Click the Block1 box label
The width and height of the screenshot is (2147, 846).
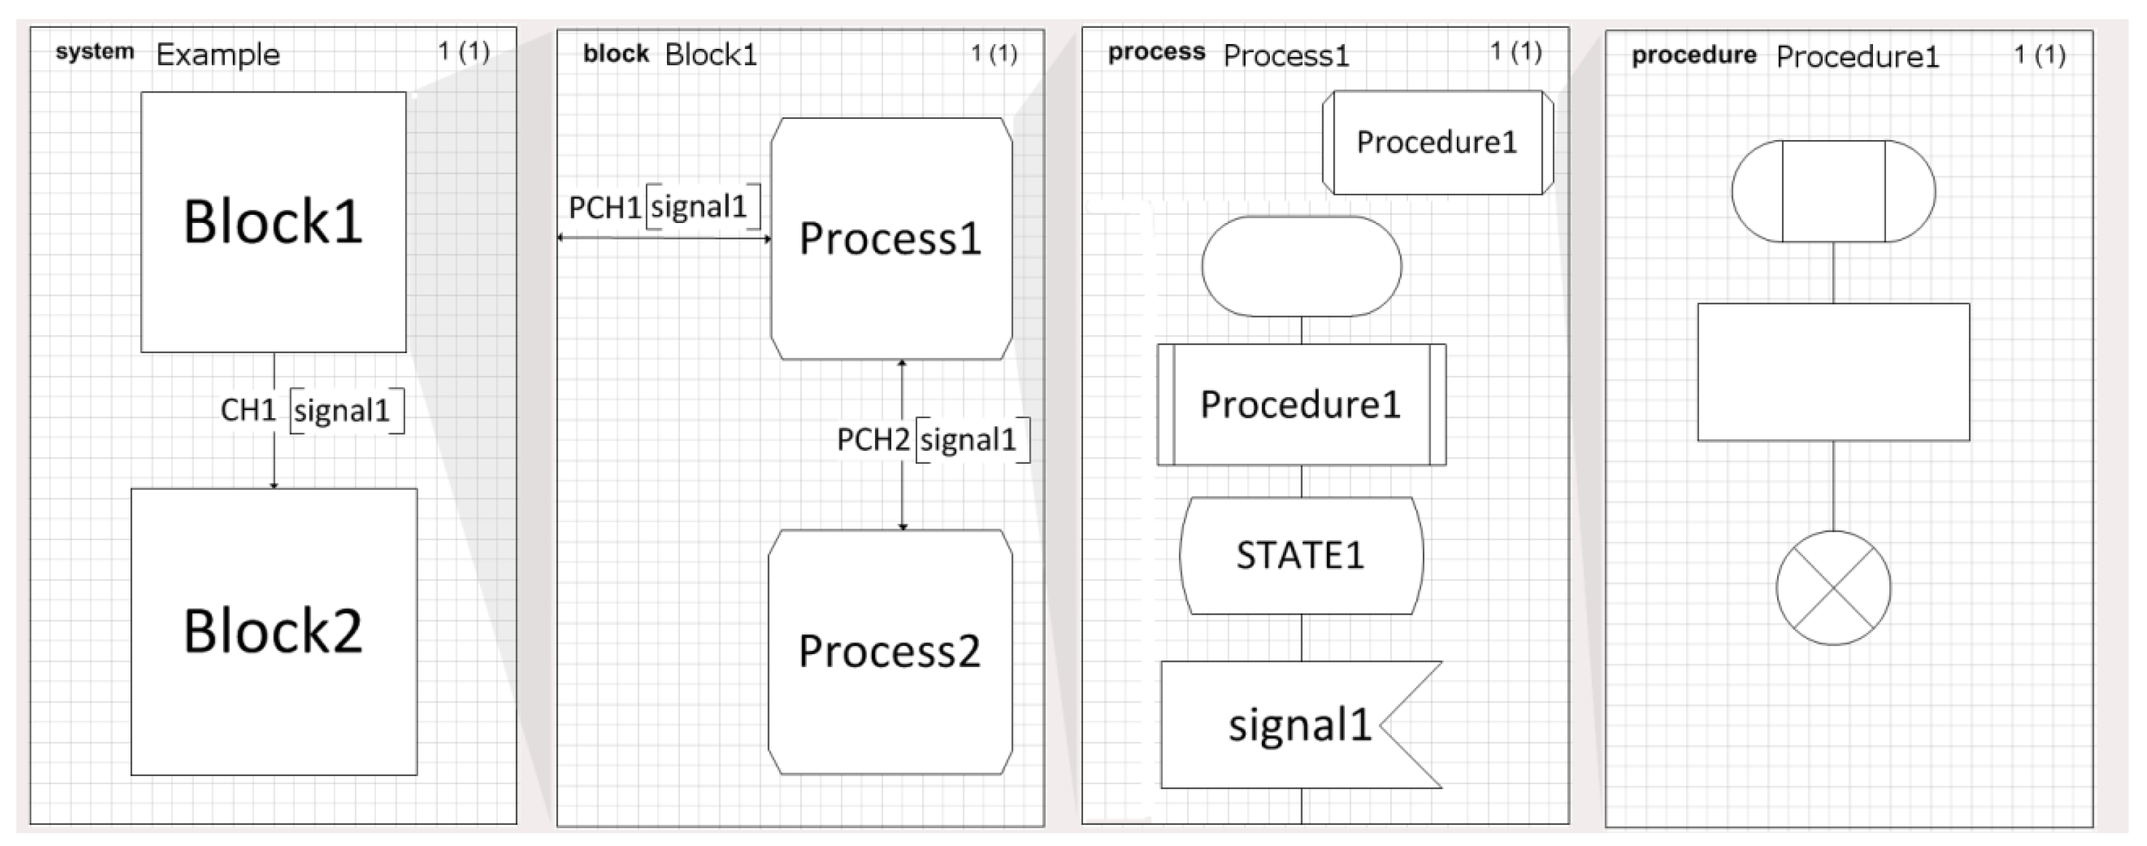point(273,222)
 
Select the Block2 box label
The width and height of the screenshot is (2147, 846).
point(273,631)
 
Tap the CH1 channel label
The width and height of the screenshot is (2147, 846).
point(247,410)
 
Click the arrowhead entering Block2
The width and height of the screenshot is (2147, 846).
point(273,484)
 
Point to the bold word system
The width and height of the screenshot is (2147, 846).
point(95,52)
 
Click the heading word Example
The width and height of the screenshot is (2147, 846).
point(218,55)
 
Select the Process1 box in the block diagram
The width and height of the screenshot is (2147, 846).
point(890,239)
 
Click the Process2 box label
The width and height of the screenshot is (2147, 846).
point(889,651)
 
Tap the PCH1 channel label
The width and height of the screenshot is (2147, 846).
point(604,207)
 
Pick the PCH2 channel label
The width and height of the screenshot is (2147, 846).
point(873,439)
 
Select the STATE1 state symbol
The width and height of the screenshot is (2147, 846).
point(1300,556)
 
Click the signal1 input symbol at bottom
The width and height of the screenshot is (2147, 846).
point(1299,724)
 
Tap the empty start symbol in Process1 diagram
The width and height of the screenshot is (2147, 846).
point(1301,267)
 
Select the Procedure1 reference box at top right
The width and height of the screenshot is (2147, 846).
point(1437,143)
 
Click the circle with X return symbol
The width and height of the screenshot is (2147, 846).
point(1833,588)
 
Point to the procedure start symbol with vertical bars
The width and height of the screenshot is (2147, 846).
point(1833,192)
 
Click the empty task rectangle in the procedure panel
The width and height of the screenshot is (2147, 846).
point(1833,372)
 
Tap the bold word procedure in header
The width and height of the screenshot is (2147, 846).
point(1694,55)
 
